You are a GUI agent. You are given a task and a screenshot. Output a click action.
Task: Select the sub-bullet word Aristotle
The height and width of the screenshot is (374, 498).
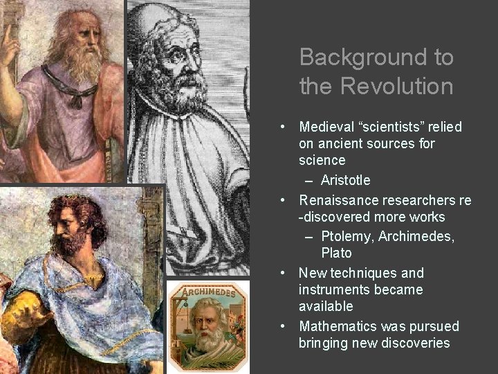(345, 180)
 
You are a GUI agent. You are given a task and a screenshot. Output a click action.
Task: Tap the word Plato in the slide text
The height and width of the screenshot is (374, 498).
(336, 253)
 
